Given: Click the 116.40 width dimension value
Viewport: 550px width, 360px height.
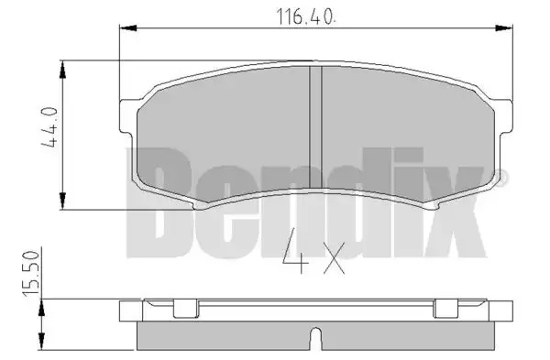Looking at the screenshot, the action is (306, 16).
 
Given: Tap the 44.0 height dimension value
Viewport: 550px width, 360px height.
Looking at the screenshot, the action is (49, 127).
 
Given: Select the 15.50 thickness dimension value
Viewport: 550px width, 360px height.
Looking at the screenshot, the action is (30, 274).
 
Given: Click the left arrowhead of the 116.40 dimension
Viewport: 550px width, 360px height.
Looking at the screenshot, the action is (128, 28).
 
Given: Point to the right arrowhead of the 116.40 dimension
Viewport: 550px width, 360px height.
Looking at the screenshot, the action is (503, 28).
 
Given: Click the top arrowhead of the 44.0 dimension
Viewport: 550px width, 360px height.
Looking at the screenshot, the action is (62, 70).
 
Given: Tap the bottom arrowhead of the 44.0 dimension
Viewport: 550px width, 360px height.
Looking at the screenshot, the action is (62, 201).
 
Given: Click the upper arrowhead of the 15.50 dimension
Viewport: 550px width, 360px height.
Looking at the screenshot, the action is (42, 308).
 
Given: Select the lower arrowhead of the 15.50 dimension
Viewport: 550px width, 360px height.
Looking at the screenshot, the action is (42, 341).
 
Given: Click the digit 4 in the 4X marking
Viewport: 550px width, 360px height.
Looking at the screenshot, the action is (296, 253).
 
